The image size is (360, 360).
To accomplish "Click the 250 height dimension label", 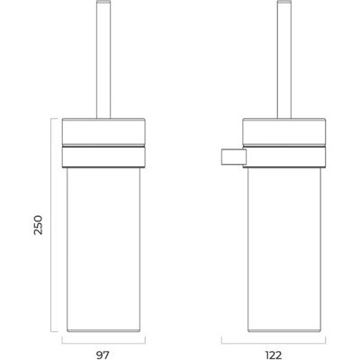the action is click(38, 225).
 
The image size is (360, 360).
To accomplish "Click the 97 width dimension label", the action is click(103, 355).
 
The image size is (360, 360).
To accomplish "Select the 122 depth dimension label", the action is click(274, 355).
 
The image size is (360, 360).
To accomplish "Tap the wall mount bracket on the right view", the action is click(234, 157).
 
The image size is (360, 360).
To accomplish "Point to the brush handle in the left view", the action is click(103, 59).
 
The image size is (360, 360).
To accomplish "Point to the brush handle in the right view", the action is click(284, 59).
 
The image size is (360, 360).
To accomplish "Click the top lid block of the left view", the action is click(103, 131).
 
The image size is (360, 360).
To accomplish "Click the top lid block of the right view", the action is click(284, 131).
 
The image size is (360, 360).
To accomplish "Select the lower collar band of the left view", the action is click(103, 157).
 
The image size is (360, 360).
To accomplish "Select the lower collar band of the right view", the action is click(284, 157).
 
